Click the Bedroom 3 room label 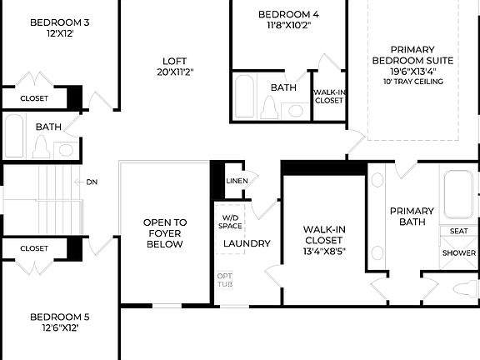coord(59,22)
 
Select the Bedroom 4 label coord(287,14)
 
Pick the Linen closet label coord(236,181)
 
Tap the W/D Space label coord(231,222)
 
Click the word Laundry coord(247,243)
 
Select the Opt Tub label coord(225,280)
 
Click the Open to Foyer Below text coord(165,233)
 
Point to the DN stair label coord(92,181)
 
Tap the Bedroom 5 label coord(59,317)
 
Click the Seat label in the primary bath coord(458,231)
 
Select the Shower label coord(458,252)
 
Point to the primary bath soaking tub coord(458,194)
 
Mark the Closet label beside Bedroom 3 coord(34,98)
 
